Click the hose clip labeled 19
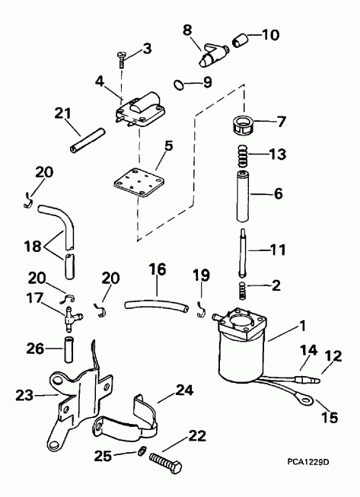(202, 307)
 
